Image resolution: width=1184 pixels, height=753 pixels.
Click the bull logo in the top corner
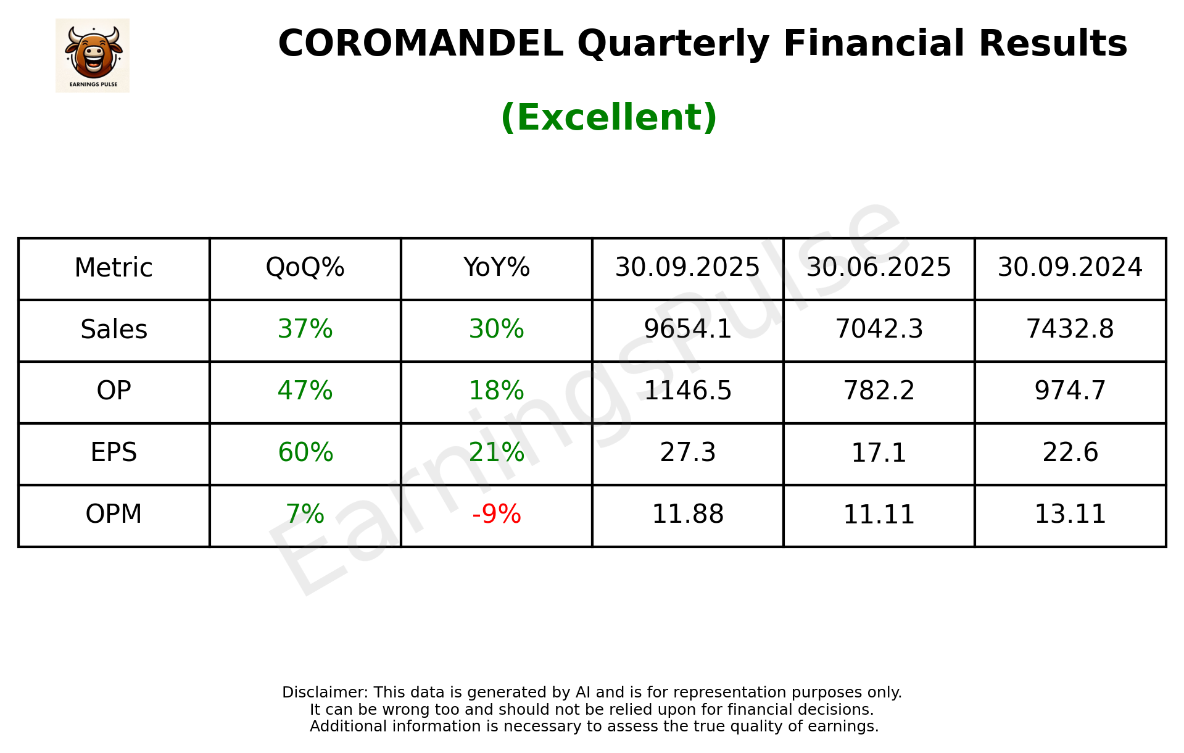pyautogui.click(x=93, y=55)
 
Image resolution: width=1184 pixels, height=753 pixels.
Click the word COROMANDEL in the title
pyautogui.click(x=420, y=44)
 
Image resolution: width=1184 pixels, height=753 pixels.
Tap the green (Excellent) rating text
pyautogui.click(x=608, y=117)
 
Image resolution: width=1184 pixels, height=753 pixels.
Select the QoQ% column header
pyautogui.click(x=305, y=268)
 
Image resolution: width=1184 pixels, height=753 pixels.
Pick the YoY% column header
pyautogui.click(x=496, y=268)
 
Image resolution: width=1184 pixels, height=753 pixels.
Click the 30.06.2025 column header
pyautogui.click(x=879, y=268)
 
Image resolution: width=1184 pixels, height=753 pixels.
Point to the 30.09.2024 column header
pyautogui.click(x=1070, y=268)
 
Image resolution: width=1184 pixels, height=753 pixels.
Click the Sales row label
pyautogui.click(x=114, y=330)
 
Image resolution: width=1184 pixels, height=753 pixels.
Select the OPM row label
pyautogui.click(x=114, y=514)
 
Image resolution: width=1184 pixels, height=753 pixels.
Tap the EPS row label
pyautogui.click(x=114, y=452)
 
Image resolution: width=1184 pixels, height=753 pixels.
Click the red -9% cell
pyautogui.click(x=496, y=514)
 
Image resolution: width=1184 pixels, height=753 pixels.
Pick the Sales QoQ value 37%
pyautogui.click(x=305, y=330)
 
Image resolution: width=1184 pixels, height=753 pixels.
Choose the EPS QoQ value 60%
pyautogui.click(x=305, y=452)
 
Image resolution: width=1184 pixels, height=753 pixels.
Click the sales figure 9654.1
pyautogui.click(x=687, y=330)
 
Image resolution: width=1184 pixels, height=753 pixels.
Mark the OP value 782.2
pyautogui.click(x=879, y=391)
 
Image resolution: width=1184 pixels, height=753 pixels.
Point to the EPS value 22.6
pyautogui.click(x=1070, y=452)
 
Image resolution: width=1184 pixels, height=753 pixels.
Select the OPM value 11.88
pyautogui.click(x=687, y=514)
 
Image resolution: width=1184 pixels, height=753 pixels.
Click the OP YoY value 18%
pyautogui.click(x=496, y=391)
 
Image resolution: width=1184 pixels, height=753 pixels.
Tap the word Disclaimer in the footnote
pyautogui.click(x=324, y=693)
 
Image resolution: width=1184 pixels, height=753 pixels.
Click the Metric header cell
pyautogui.click(x=114, y=268)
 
